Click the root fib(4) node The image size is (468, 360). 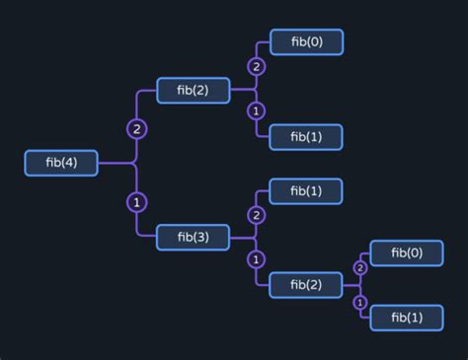coord(61,163)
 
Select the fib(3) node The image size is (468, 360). coord(193,237)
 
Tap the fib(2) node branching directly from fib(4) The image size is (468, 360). coord(193,90)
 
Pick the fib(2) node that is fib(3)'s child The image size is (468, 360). coord(305,284)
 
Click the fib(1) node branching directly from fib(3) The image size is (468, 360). coord(305,190)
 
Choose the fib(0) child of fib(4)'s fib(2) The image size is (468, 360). coord(305,42)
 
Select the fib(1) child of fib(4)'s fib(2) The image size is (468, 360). coord(305,137)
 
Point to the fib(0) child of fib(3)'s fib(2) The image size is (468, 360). coord(406,252)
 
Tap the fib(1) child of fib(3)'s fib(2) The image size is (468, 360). coord(406,317)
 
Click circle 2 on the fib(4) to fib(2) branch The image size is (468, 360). coord(136,129)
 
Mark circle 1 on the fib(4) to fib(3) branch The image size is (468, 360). coord(136,202)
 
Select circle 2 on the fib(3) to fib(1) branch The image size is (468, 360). coord(257,215)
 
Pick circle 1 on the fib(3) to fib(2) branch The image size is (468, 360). coord(257,259)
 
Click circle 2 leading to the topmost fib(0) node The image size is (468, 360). coord(257,67)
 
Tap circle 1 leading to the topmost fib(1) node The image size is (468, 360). coord(257,110)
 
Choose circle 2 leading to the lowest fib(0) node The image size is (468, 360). coord(360,267)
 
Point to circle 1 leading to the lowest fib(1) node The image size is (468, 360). coord(360,302)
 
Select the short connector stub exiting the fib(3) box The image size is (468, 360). coord(243,237)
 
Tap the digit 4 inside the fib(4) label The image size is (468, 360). coord(71,163)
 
